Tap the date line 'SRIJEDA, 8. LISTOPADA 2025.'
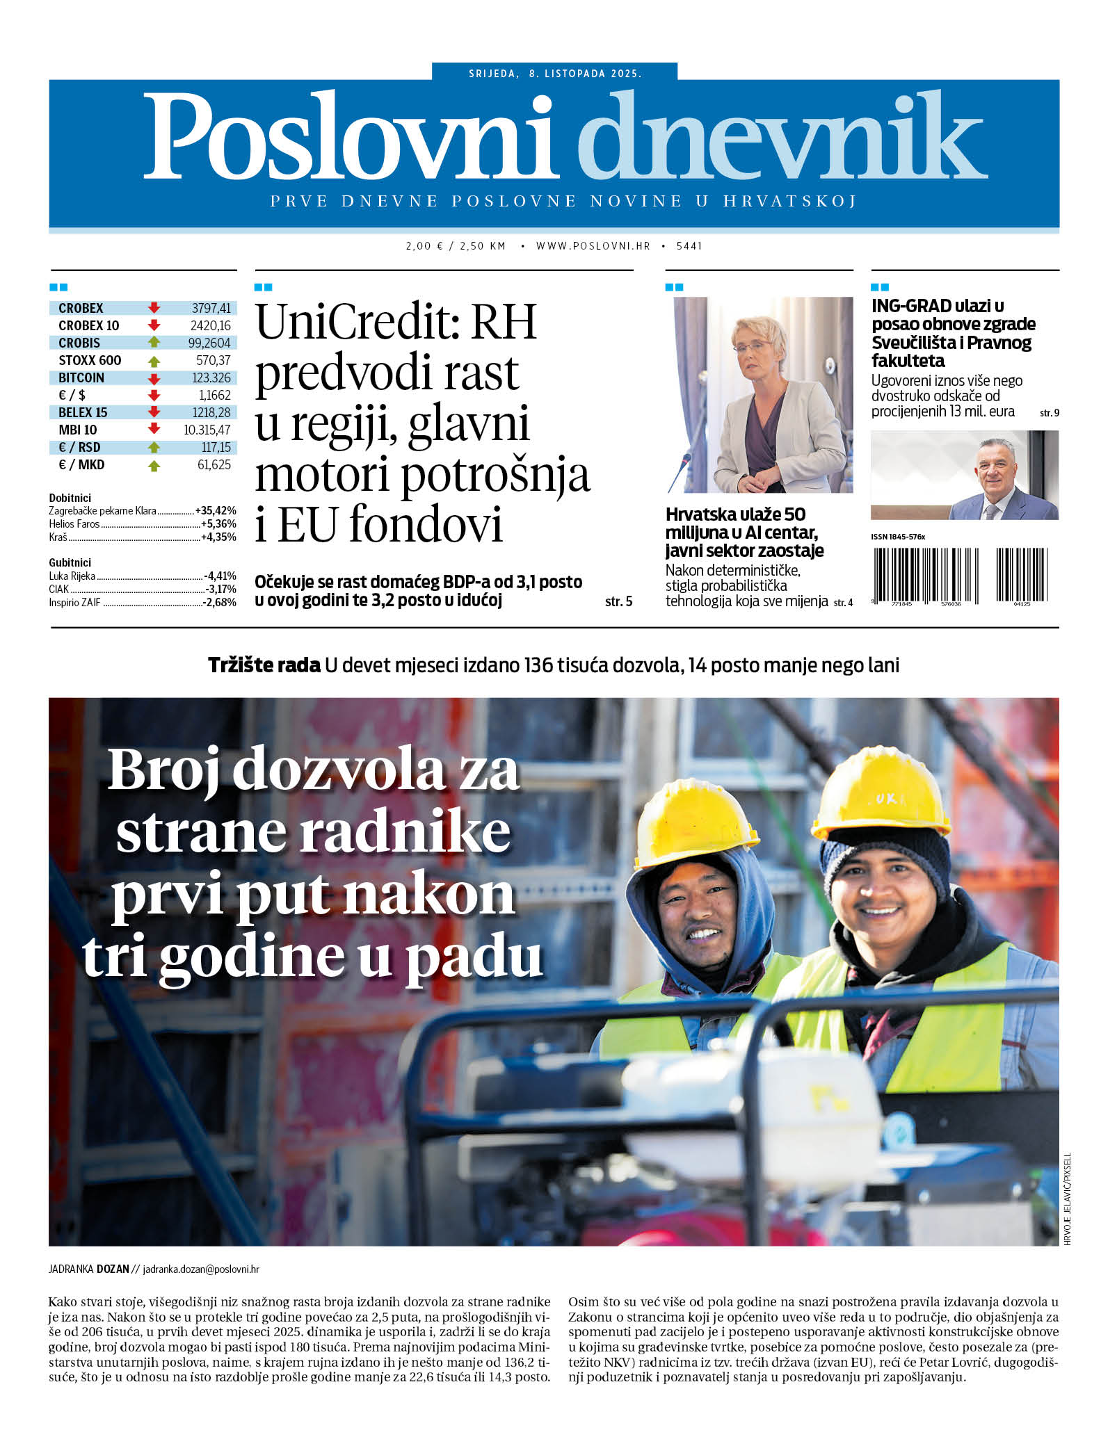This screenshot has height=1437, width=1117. [554, 73]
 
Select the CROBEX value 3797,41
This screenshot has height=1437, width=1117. [211, 308]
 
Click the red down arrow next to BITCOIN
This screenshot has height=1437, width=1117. [154, 378]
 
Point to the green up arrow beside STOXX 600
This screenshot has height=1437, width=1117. [154, 361]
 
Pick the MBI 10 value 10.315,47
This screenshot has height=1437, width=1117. [207, 430]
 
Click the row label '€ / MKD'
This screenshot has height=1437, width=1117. [81, 464]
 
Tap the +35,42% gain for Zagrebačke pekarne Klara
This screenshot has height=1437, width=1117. [216, 511]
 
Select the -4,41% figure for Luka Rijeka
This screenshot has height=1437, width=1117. [220, 576]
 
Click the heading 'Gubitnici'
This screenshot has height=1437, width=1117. [70, 562]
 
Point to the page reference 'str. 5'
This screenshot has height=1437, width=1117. [618, 601]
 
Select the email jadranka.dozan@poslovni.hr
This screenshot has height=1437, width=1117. [200, 1269]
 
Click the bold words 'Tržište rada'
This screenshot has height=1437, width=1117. [264, 665]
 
